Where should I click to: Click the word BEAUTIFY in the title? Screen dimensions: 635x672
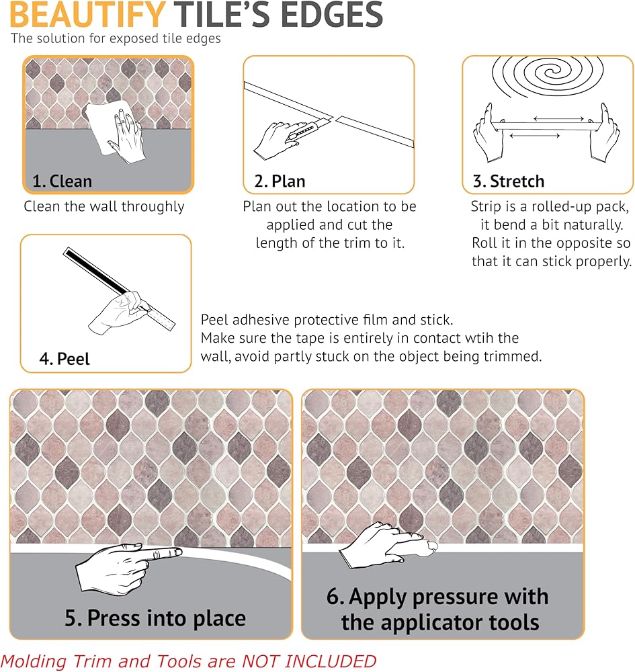[x=87, y=15]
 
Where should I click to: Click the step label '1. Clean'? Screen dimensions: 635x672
[x=62, y=181]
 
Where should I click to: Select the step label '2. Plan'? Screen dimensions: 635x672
[x=280, y=181]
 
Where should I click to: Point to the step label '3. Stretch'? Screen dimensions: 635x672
[x=509, y=181]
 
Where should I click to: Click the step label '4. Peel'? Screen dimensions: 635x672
[x=65, y=359]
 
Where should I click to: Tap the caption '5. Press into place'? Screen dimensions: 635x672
[x=155, y=618]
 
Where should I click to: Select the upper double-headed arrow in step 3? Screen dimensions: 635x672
[x=558, y=118]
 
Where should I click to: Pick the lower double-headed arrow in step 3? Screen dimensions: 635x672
[x=535, y=136]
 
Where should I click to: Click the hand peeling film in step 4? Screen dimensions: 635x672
[x=120, y=313]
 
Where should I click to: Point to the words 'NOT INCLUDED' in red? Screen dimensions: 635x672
[x=309, y=661]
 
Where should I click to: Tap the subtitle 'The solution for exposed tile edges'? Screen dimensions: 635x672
[x=116, y=38]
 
